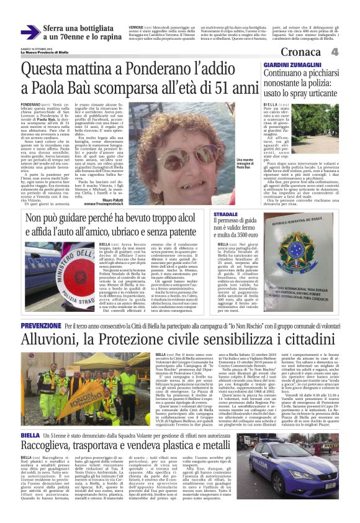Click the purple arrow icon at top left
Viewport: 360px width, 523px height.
click(30, 32)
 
